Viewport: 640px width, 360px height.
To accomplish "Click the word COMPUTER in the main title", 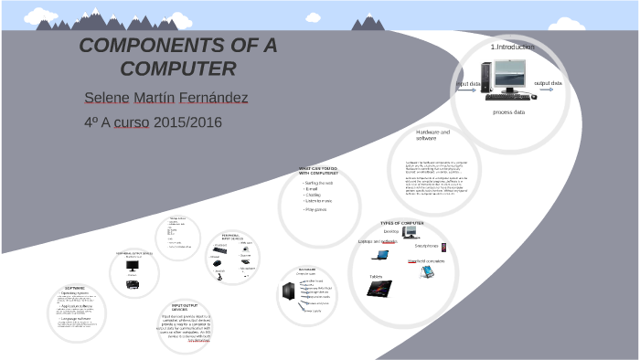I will point(178,69).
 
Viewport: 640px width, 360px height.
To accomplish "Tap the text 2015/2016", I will point(188,121).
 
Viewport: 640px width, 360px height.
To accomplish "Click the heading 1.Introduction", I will point(512,47).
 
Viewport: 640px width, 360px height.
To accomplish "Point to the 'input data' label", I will point(468,84).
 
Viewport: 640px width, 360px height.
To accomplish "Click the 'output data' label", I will point(548,83).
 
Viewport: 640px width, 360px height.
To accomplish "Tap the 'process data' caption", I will point(508,112).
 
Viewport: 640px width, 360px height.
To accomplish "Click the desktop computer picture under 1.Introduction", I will point(506,79).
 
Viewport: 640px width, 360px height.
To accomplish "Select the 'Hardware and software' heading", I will point(432,134).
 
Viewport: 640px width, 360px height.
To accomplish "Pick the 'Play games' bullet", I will point(315,209).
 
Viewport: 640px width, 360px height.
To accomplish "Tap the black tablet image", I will point(379,289).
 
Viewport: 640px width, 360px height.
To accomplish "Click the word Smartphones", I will point(427,246).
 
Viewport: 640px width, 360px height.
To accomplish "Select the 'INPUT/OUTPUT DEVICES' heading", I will point(186,308).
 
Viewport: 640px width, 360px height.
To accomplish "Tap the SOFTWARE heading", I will point(75,288).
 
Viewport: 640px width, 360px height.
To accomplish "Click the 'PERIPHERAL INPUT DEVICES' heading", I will point(230,237).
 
